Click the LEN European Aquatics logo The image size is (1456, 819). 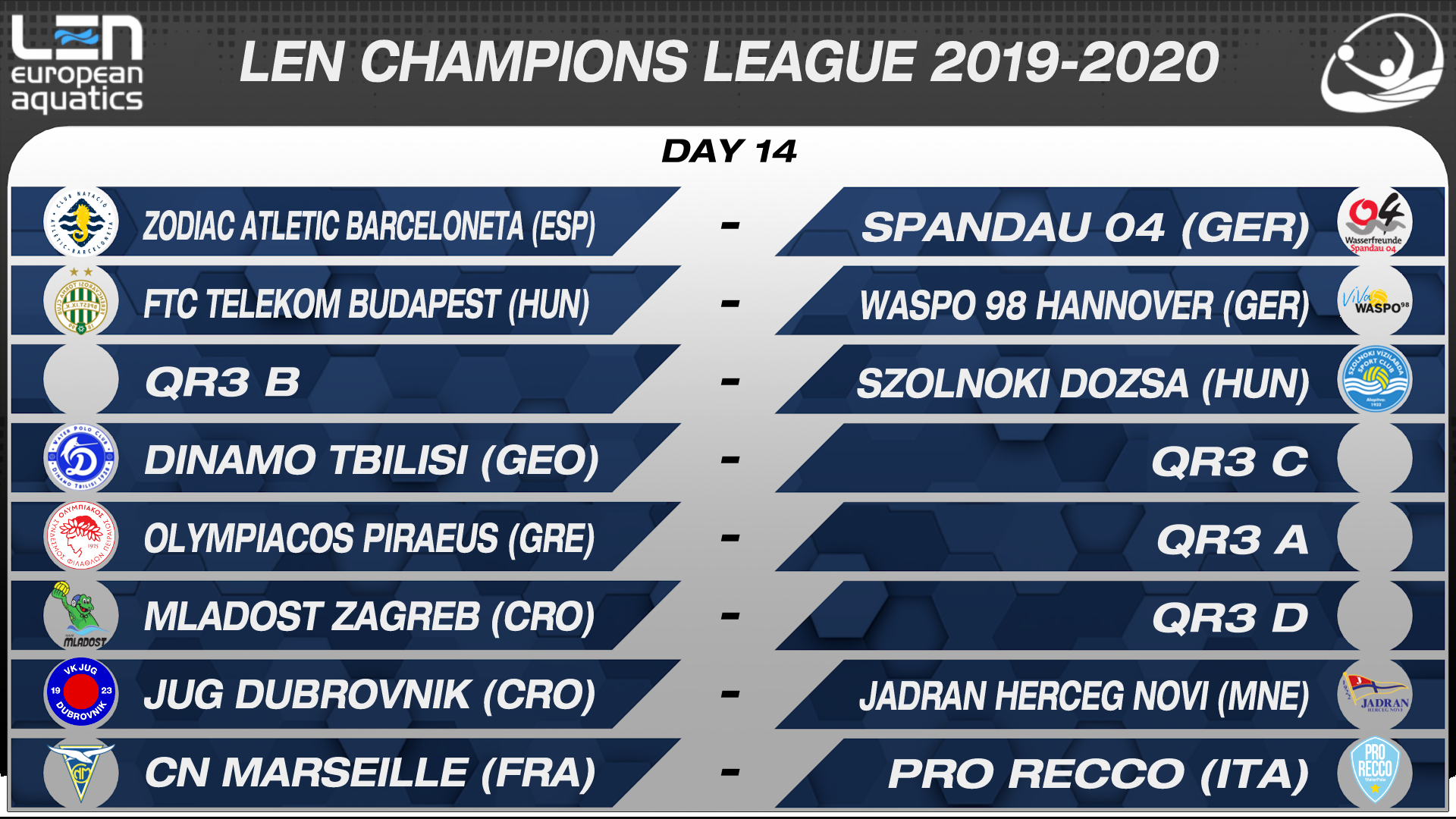[77, 64]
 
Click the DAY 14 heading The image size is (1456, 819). [729, 151]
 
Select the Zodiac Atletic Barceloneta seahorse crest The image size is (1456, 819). [80, 222]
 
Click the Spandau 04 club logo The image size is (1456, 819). [1374, 222]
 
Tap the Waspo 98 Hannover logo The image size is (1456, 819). [1374, 302]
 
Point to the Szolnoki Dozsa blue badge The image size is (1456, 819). [1374, 379]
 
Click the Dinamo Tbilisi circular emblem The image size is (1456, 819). [80, 458]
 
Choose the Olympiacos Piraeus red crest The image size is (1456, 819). [80, 536]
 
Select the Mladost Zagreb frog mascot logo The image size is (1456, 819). [80, 615]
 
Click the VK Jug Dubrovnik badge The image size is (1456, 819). [80, 692]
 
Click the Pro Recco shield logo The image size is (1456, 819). [1374, 770]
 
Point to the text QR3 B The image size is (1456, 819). [222, 382]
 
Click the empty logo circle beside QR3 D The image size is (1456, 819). [1374, 615]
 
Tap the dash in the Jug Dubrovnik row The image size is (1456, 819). [730, 694]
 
